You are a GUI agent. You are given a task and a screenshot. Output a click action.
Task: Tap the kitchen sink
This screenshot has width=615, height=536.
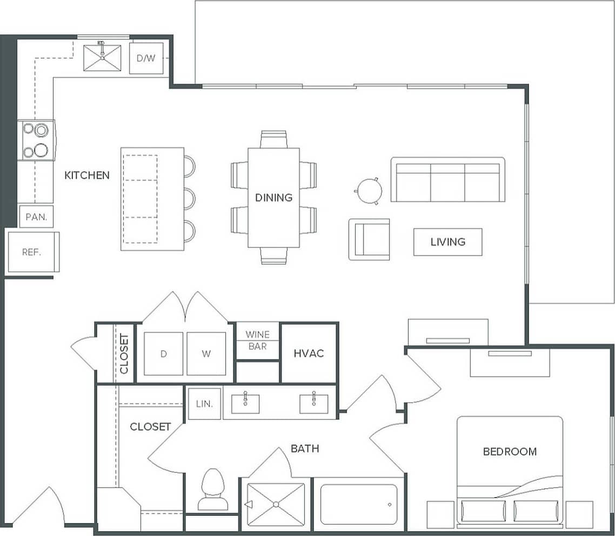coord(102,58)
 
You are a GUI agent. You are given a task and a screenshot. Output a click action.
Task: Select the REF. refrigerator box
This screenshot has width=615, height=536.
coord(32,252)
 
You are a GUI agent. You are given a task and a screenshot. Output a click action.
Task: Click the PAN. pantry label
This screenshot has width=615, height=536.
coord(36,218)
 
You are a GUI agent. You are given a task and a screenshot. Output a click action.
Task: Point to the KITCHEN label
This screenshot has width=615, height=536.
coord(87,175)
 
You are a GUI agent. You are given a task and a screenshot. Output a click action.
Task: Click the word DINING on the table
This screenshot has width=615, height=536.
coord(273,198)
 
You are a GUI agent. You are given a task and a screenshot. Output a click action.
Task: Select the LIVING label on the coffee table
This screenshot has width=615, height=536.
coord(447,242)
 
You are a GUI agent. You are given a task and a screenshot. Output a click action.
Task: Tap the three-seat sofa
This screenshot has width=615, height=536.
coord(447,180)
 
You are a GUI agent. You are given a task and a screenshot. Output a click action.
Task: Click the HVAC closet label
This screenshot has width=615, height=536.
coord(309,353)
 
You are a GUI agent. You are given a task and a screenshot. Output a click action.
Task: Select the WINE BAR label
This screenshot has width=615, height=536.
coord(257,340)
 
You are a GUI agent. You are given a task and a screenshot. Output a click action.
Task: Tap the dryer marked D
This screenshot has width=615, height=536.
coord(163,354)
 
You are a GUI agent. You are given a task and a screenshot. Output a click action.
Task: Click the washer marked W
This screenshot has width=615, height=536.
coord(206,354)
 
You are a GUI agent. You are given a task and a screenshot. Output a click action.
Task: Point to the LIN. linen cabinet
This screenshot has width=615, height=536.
coord(204,404)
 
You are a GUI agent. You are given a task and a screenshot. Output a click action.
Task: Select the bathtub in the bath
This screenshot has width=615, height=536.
coord(358,504)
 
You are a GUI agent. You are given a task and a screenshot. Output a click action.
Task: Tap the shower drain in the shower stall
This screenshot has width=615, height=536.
coord(276,504)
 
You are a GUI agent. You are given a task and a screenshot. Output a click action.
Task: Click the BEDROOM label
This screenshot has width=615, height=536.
coord(510,452)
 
